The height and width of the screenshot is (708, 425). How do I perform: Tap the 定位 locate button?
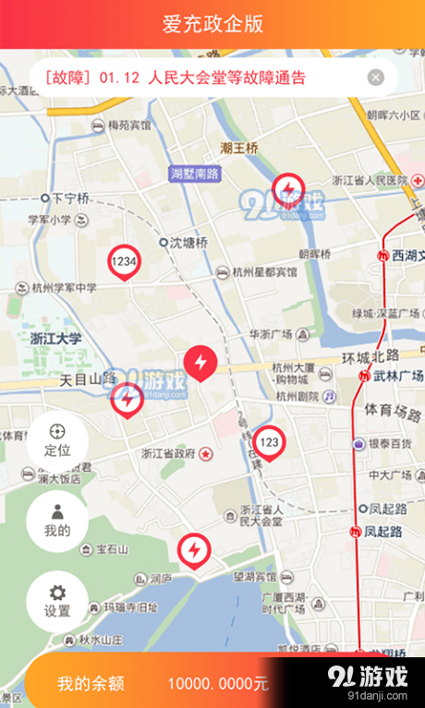57,441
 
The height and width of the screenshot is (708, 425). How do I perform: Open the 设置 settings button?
57,602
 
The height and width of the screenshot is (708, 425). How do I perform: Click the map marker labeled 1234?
124,263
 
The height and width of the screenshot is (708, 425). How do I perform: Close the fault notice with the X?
375,78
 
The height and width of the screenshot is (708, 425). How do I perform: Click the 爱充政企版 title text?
212,24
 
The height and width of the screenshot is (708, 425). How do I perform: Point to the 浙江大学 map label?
55,339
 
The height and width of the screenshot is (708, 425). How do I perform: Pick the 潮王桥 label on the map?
238,148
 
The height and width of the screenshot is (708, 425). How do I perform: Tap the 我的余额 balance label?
91,684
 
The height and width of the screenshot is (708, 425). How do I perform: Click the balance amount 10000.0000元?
218,684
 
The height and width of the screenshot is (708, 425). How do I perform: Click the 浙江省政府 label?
168,454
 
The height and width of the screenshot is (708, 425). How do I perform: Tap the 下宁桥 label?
70,198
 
